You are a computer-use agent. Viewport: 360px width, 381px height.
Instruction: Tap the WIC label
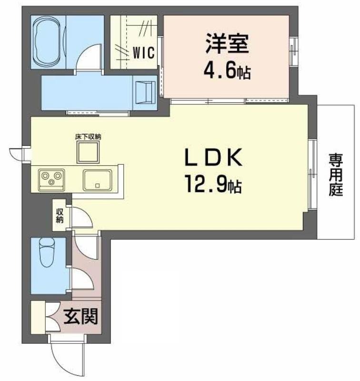tap(143, 52)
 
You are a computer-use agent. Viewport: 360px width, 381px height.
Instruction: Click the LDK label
tap(213, 157)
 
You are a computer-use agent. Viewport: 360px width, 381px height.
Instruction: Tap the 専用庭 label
tap(336, 174)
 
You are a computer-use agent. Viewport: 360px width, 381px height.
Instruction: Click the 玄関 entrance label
tap(80, 316)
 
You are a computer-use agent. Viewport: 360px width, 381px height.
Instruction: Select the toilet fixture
tap(47, 252)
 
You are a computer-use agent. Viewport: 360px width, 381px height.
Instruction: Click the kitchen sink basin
tap(98, 180)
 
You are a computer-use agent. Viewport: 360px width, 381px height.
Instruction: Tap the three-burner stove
tap(51, 180)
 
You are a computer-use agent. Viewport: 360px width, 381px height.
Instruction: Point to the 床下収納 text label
tap(88, 137)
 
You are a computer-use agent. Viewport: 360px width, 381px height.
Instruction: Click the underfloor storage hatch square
tap(88, 152)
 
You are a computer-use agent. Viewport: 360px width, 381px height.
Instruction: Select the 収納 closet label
tap(60, 216)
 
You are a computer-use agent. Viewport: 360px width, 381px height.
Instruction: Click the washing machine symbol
tap(145, 92)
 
